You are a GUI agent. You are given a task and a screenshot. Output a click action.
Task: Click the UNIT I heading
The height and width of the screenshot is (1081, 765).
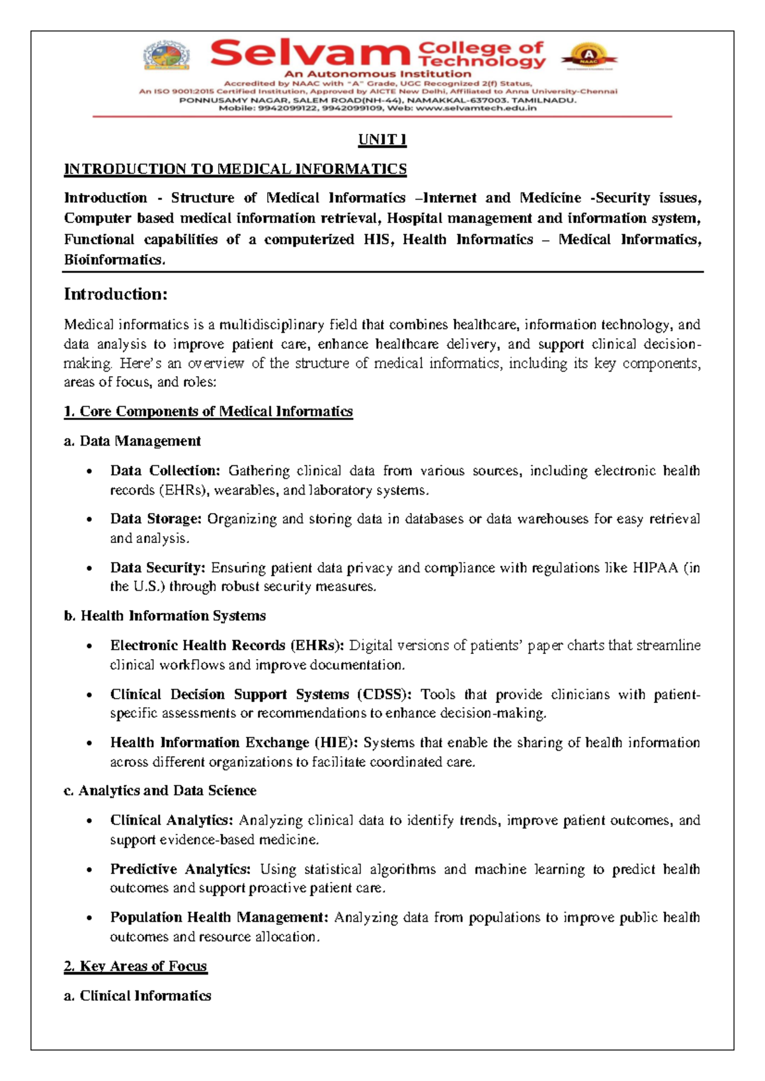click(x=382, y=140)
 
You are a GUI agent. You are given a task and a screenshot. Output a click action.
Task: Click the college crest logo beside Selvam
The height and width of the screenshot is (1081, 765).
click(x=166, y=55)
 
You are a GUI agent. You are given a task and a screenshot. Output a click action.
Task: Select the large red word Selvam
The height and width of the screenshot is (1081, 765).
click(x=310, y=53)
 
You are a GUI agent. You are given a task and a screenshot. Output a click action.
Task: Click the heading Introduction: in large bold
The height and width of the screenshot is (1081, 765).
click(x=115, y=294)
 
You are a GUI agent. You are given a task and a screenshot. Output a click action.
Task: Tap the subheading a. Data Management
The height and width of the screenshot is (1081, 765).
click(x=133, y=441)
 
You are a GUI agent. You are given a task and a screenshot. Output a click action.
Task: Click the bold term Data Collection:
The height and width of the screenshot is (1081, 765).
click(x=164, y=470)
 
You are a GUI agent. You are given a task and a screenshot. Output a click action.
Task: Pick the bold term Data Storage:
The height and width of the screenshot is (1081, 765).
click(x=156, y=519)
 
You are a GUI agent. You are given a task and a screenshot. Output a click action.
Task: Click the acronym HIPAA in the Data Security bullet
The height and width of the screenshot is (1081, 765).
click(x=655, y=567)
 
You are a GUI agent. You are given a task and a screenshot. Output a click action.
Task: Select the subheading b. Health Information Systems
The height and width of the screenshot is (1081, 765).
click(x=164, y=616)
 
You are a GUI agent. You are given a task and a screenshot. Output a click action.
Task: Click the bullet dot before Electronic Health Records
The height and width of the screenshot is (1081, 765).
click(x=90, y=646)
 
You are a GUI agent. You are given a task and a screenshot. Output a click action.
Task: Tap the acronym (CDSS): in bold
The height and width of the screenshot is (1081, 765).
click(x=384, y=694)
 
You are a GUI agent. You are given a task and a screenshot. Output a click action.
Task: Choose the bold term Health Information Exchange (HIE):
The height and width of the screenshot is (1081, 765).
click(x=234, y=743)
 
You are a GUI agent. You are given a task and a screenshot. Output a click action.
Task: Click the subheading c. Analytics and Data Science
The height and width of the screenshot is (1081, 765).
click(x=160, y=790)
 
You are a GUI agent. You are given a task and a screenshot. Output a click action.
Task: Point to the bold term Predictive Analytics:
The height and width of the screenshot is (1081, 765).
click(x=180, y=869)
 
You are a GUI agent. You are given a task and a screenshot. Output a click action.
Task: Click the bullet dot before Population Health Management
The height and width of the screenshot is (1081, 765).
click(x=90, y=918)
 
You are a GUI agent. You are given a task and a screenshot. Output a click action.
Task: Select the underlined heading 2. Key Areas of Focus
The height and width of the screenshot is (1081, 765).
click(x=135, y=966)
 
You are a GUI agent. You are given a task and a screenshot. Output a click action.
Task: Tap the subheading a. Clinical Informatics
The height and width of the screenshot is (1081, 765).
click(x=138, y=996)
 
